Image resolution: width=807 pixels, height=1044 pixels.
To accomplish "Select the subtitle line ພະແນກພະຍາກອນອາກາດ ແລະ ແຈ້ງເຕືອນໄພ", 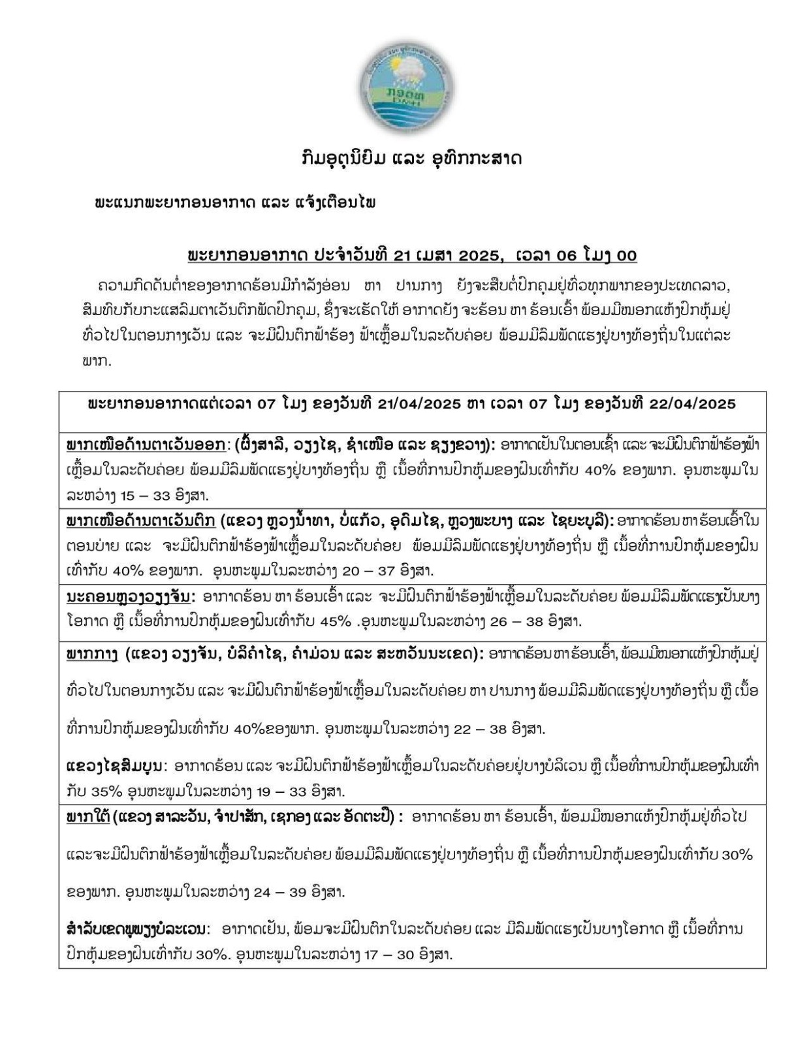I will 234,202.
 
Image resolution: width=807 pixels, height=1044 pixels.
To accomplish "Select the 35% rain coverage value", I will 106,791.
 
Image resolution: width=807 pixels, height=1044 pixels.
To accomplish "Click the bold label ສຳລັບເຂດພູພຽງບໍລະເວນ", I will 138,928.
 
